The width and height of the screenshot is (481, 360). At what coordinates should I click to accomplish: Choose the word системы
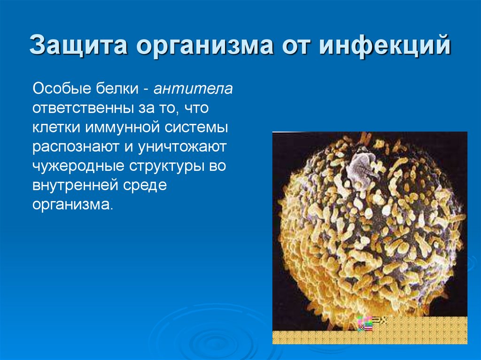(197, 128)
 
